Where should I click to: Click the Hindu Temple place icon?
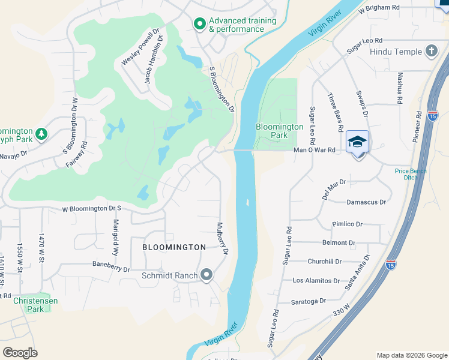[431, 51]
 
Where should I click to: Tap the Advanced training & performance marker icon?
[199, 24]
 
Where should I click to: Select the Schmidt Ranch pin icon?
[207, 275]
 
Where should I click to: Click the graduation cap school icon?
[358, 142]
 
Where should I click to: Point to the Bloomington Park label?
[279, 131]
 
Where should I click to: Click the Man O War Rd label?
[313, 151]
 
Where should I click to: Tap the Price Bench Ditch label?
[410, 175]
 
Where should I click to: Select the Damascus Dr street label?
[366, 202]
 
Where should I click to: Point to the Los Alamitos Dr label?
[316, 280]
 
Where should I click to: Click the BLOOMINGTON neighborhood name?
[174, 247]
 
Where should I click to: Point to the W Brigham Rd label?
[379, 8]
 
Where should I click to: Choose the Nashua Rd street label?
[399, 87]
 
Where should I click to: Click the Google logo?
[20, 353]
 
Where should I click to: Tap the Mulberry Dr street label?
[223, 239]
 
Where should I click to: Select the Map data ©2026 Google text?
[411, 355]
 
